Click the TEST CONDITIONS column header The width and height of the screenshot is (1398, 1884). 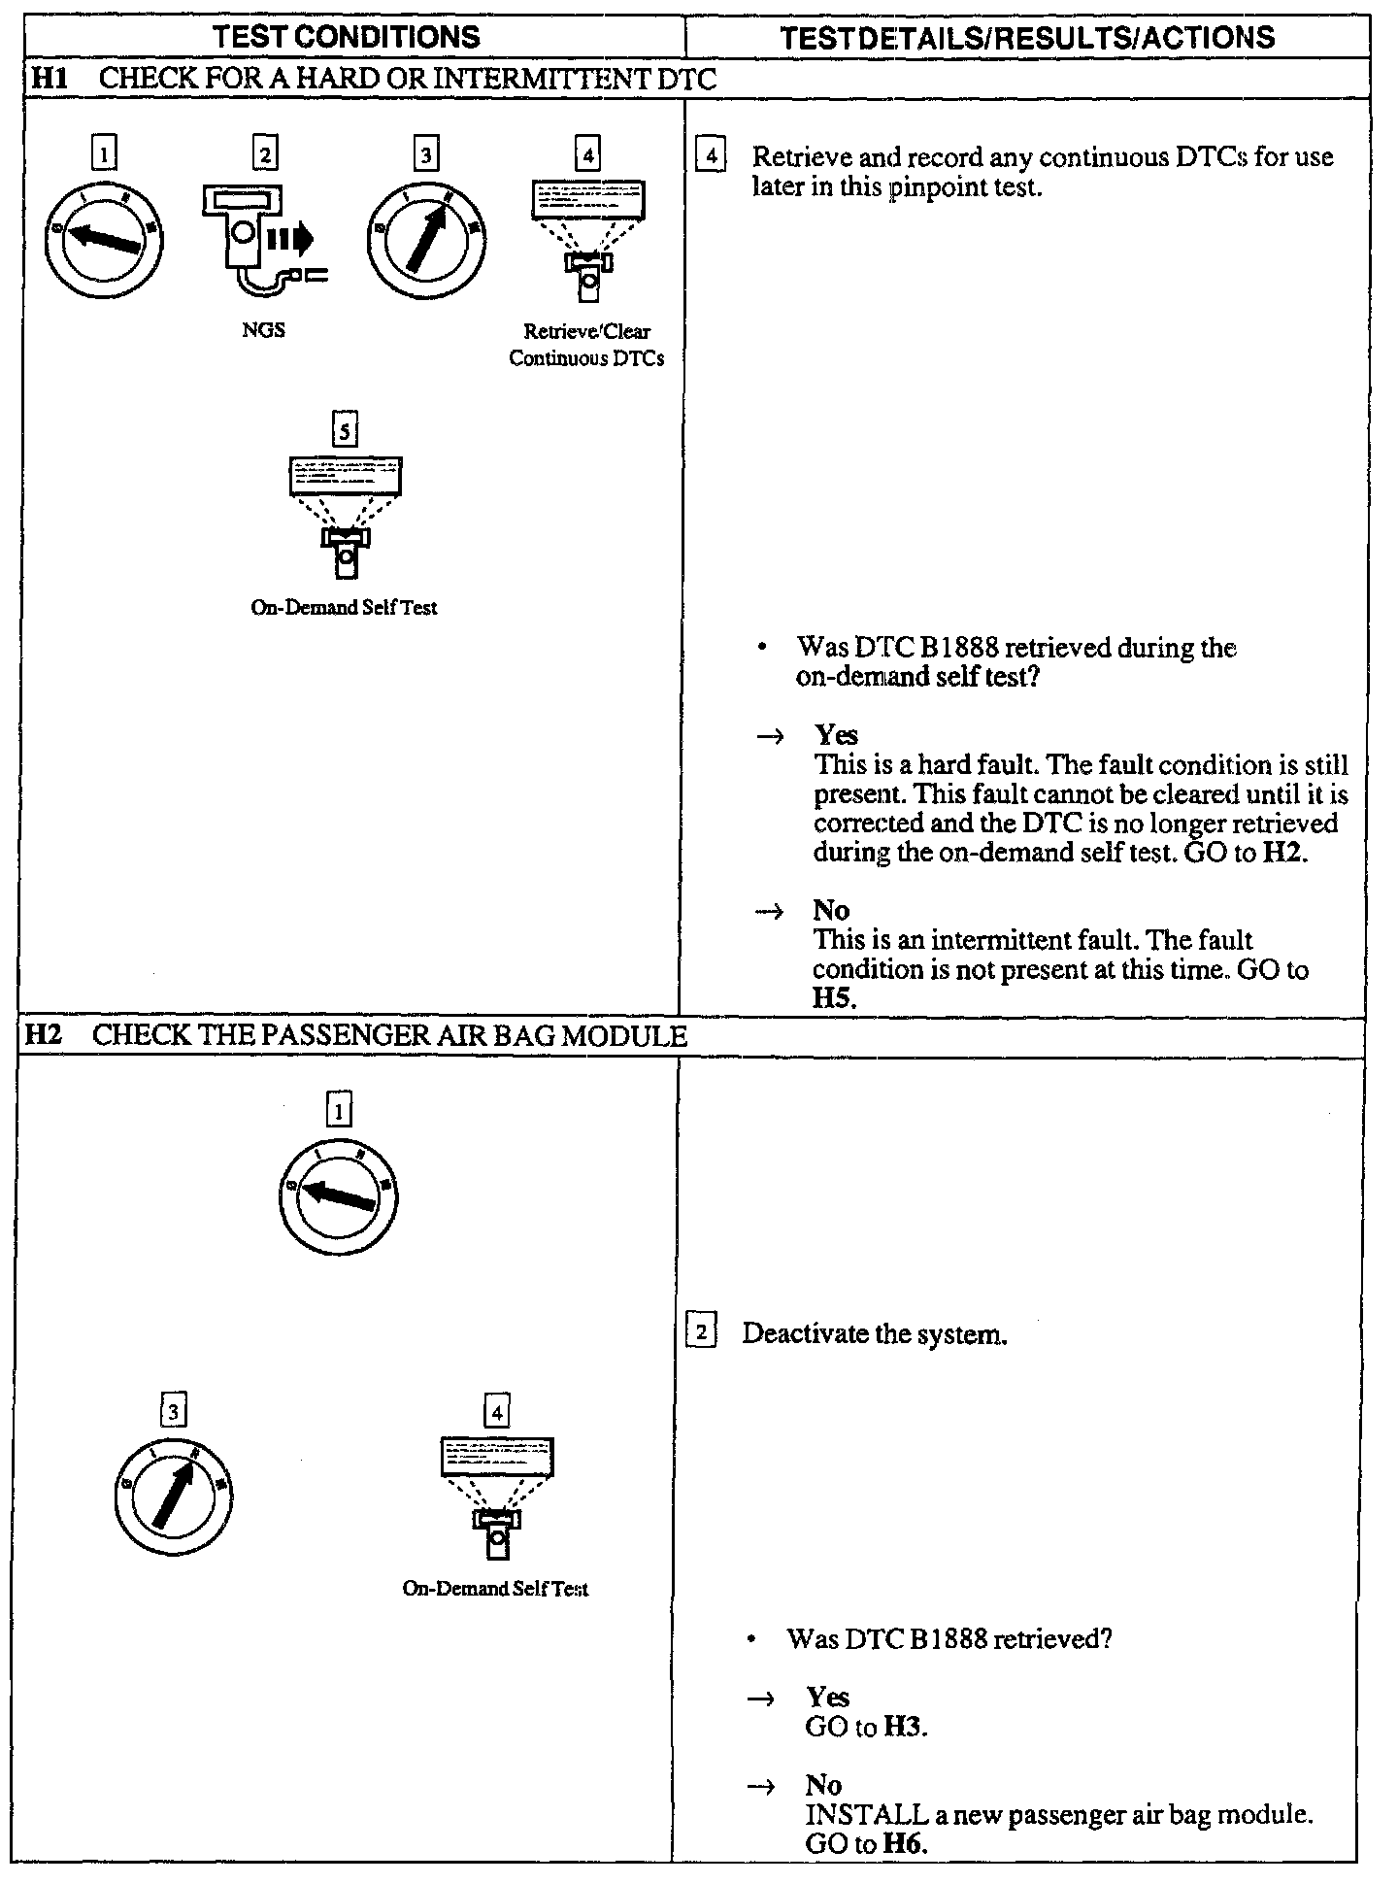(x=346, y=38)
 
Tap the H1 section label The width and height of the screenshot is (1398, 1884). (x=49, y=79)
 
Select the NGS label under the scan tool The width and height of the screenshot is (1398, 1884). (x=263, y=330)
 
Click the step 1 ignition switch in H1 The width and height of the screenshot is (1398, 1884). (x=104, y=239)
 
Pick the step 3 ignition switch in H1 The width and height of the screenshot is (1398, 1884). (x=426, y=239)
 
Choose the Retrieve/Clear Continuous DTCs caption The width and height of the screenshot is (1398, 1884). (x=586, y=345)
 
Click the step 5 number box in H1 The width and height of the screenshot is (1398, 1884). (x=345, y=429)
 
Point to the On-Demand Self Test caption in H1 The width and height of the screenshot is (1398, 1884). (x=344, y=608)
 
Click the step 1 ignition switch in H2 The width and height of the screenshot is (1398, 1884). (x=338, y=1194)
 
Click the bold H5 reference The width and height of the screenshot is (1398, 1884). (x=833, y=998)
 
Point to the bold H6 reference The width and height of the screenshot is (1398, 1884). (x=904, y=1843)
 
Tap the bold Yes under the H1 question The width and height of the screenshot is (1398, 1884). (x=836, y=735)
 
